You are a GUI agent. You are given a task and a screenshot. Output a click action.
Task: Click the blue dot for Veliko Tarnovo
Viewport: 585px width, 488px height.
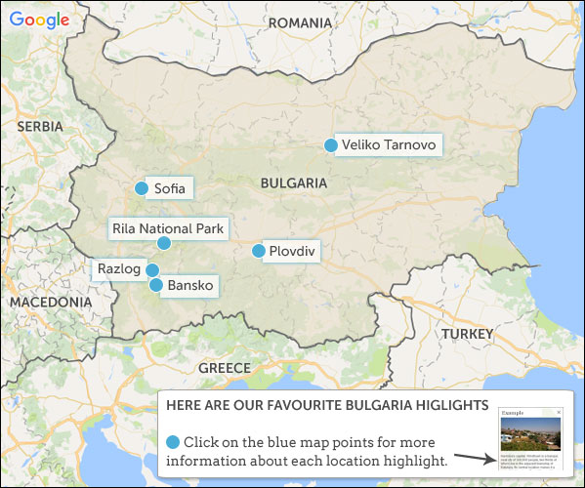pyautogui.click(x=331, y=145)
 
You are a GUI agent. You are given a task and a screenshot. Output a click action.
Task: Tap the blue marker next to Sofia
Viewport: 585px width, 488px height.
pyautogui.click(x=142, y=188)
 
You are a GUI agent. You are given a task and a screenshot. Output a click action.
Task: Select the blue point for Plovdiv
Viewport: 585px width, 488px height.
pyautogui.click(x=259, y=251)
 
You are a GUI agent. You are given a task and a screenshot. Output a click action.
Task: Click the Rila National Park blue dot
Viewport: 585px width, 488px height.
pyautogui.click(x=164, y=243)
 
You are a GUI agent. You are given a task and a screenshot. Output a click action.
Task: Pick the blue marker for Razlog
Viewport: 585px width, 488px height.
pyautogui.click(x=152, y=269)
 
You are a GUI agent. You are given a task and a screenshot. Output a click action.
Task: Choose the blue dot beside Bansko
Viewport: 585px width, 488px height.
pyautogui.click(x=156, y=285)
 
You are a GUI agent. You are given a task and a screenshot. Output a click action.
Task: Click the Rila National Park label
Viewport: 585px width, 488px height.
pyautogui.click(x=168, y=229)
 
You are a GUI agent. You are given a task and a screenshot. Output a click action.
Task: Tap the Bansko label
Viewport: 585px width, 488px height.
pyautogui.click(x=189, y=286)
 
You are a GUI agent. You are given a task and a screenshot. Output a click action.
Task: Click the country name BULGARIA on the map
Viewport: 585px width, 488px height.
pyautogui.click(x=293, y=183)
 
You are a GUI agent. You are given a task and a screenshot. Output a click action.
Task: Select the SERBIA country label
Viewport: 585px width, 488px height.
pyautogui.click(x=39, y=127)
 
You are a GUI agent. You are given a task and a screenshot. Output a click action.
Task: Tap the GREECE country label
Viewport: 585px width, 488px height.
pyautogui.click(x=225, y=368)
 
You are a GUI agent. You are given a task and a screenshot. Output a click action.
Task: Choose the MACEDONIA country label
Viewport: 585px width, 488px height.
pyautogui.click(x=51, y=303)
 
